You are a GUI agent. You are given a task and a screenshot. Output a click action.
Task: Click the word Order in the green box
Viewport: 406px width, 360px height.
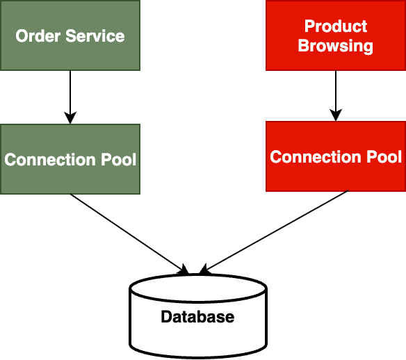35,36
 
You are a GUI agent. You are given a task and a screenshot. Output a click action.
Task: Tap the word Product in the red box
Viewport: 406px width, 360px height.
336,26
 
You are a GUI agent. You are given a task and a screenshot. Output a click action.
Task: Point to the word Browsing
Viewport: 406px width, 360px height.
336,47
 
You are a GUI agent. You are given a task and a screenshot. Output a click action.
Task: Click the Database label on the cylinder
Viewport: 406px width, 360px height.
197,318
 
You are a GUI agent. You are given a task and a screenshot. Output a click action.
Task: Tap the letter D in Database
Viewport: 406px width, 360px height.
166,318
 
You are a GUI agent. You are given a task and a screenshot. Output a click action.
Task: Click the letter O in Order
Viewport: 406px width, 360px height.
22,36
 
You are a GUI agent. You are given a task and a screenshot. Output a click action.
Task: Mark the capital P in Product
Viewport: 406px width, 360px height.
309,26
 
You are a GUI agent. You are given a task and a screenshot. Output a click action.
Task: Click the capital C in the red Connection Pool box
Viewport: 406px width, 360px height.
276,157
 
